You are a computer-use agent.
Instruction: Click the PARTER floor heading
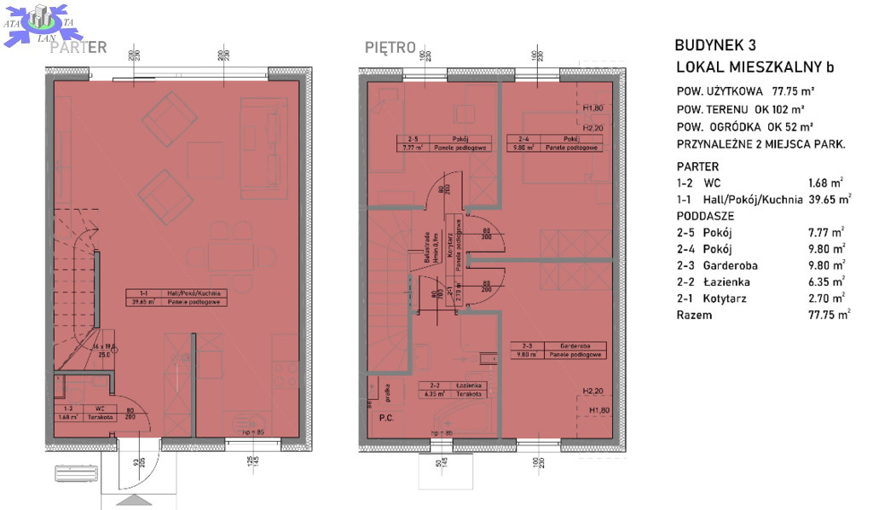pyautogui.click(x=78, y=48)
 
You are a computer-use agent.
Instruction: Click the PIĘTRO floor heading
pyautogui.click(x=390, y=47)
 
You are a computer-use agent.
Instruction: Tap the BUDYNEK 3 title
pyautogui.click(x=714, y=46)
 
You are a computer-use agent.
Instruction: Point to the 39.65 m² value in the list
pyautogui.click(x=830, y=200)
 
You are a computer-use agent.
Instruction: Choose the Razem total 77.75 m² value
pyautogui.click(x=830, y=315)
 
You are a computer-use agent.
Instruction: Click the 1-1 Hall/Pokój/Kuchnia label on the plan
pyautogui.click(x=177, y=296)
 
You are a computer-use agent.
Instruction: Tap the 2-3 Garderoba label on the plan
pyautogui.click(x=558, y=350)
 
